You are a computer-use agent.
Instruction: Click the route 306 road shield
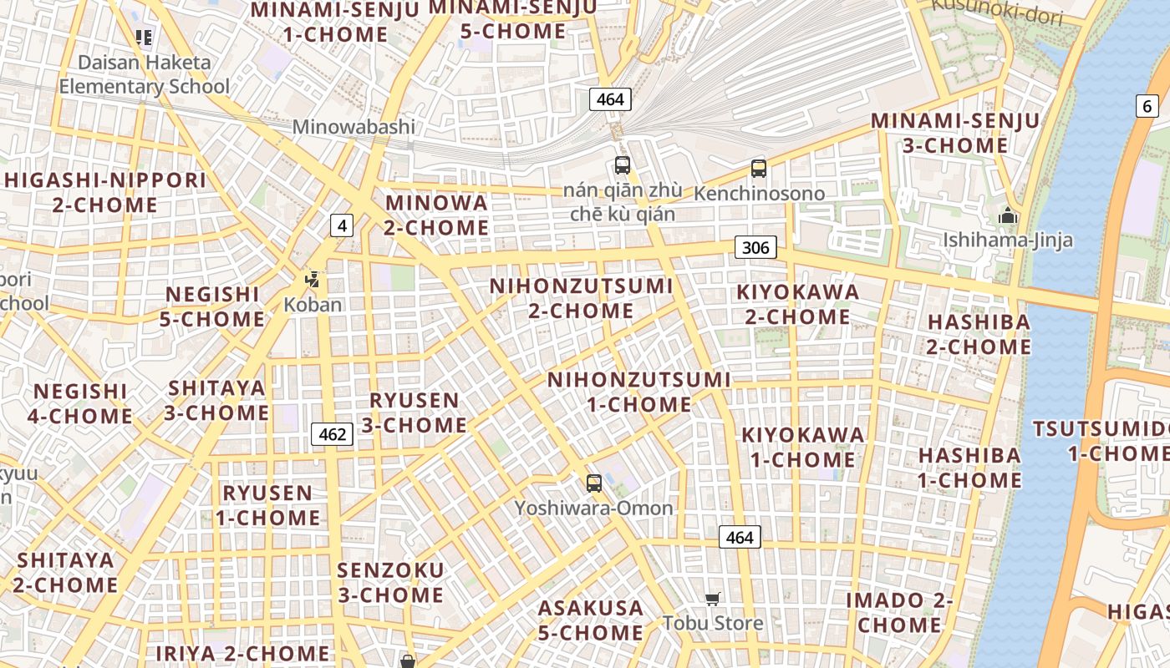point(755,247)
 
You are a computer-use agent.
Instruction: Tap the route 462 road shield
point(333,434)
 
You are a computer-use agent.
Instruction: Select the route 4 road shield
point(342,225)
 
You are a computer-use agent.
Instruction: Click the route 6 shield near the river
point(1147,106)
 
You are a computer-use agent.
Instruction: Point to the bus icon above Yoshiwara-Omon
point(594,483)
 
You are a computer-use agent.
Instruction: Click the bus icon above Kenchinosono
point(759,169)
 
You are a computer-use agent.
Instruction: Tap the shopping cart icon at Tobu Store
point(713,598)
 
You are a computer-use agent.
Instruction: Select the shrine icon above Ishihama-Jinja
point(1008,216)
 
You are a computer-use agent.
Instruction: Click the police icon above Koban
point(313,280)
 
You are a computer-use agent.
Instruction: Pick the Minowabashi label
point(354,128)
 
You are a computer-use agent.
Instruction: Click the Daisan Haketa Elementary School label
point(144,74)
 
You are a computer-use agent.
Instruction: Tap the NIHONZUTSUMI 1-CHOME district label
point(638,392)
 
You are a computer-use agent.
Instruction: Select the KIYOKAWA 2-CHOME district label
point(797,305)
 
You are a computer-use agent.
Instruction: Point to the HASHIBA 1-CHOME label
point(969,468)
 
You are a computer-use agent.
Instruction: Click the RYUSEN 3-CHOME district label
point(415,412)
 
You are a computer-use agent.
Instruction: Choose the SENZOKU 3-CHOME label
point(390,583)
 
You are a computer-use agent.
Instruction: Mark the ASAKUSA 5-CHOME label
point(590,620)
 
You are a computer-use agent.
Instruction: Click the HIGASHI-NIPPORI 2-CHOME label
point(104,193)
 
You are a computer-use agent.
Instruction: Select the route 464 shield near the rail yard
point(610,99)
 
